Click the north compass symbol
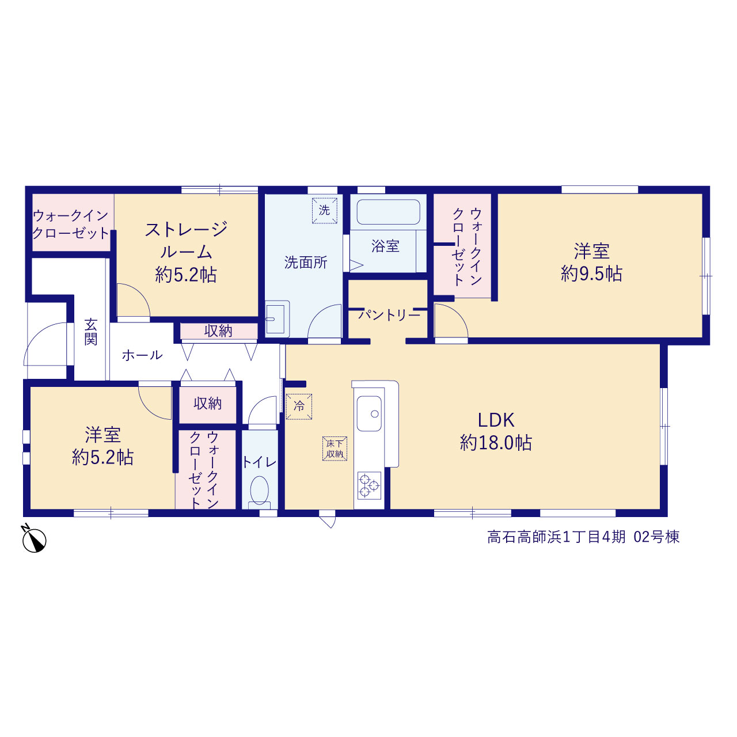pos(34,540)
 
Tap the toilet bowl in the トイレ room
pos(260,492)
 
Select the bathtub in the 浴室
pos(388,212)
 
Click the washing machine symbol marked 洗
pos(324,210)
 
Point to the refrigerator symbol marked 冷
pos(299,407)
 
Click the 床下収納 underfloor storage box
pos(335,449)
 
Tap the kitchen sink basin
pos(369,413)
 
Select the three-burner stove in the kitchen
pos(369,485)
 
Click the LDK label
pos(496,420)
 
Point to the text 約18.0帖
pos(496,443)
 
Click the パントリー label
pos(389,315)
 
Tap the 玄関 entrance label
pos(90,332)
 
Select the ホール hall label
pos(142,355)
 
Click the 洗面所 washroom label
pos(306,263)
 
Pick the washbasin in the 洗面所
pos(277,318)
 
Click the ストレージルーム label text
pos(186,240)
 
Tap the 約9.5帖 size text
pos(591,274)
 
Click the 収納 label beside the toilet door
pos(207,403)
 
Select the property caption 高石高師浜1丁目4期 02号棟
pos(583,537)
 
